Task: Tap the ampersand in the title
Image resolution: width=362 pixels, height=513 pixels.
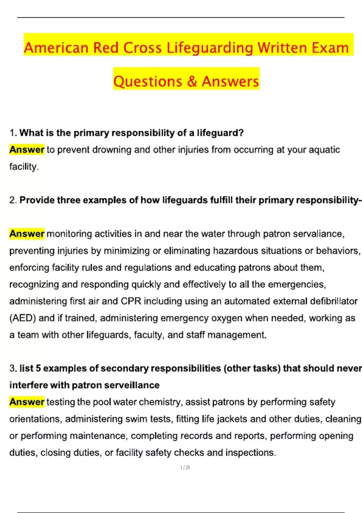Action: click(192, 82)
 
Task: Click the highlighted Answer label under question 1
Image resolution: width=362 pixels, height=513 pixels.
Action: click(27, 150)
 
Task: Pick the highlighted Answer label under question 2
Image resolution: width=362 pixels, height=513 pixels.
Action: click(27, 234)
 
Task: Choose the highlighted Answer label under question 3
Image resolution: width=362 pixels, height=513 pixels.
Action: click(27, 402)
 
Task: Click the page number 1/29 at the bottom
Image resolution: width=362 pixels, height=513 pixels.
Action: click(185, 467)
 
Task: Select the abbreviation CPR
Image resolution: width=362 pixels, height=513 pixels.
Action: click(131, 301)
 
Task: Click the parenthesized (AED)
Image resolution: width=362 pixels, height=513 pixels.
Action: click(23, 318)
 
